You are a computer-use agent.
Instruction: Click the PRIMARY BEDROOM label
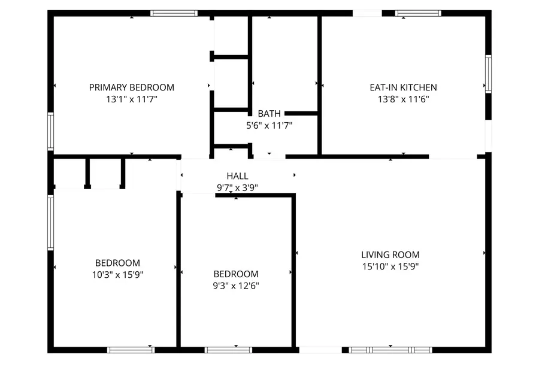coord(131,87)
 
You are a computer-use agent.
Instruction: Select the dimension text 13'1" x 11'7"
coord(131,100)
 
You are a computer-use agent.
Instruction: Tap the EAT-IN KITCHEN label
coord(403,87)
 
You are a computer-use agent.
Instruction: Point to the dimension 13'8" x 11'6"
coord(403,100)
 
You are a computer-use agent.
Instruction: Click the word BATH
coord(269,113)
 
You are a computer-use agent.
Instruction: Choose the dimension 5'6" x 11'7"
coord(269,126)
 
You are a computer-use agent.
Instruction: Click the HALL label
coord(237,176)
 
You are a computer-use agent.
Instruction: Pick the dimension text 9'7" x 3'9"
coord(237,188)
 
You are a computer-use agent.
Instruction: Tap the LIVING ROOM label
coord(390,254)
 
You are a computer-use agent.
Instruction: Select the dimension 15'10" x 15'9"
coord(390,267)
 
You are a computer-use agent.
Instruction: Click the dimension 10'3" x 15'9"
coord(117,275)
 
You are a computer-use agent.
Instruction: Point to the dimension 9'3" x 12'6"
coord(236,286)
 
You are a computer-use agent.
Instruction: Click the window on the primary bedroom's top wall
coord(174,13)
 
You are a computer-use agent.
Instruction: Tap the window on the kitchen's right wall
coord(488,74)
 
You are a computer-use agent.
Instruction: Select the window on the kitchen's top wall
coord(418,13)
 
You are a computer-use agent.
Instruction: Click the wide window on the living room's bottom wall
coord(390,350)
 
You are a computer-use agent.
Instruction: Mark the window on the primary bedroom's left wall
coord(51,132)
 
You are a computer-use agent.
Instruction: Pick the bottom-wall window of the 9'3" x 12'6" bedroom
coord(228,350)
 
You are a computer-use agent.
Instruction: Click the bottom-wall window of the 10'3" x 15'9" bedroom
coord(131,350)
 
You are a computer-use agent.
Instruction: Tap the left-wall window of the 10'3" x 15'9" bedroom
coord(51,222)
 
